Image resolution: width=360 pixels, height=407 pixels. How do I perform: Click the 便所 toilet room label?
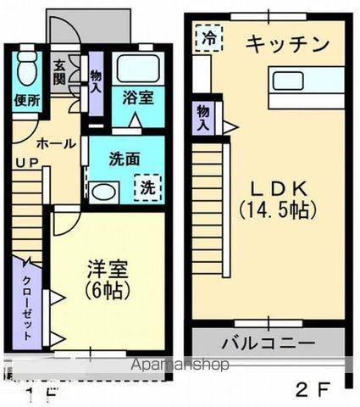click(26, 99)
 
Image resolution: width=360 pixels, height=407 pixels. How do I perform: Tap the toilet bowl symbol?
click(27, 65)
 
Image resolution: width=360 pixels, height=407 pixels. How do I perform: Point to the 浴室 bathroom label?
click(139, 97)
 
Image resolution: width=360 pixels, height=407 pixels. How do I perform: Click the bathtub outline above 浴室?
click(138, 68)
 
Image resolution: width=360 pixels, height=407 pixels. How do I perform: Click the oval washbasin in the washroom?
click(103, 192)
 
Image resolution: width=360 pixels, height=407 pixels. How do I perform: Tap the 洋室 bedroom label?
click(108, 270)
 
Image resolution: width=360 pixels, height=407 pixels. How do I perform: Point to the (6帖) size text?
click(108, 289)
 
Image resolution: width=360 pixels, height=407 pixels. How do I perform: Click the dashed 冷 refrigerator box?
click(206, 37)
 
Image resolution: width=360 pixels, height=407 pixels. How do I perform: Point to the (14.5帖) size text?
click(277, 208)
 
